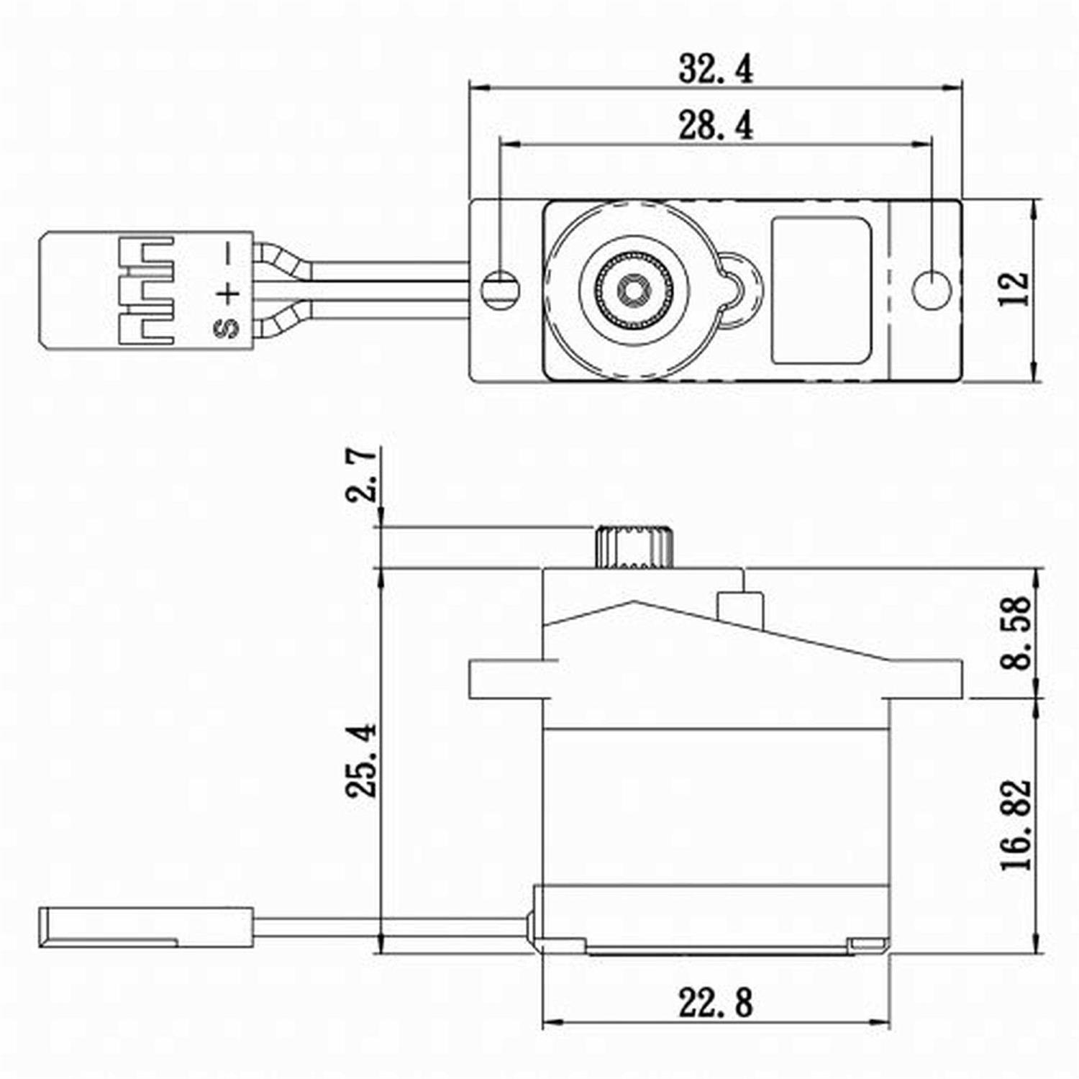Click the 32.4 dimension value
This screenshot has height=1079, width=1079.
pyautogui.click(x=716, y=69)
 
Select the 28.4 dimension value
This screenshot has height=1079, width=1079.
pyautogui.click(x=716, y=126)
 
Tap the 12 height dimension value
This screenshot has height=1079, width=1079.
pyautogui.click(x=1015, y=289)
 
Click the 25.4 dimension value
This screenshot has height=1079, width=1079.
pyautogui.click(x=360, y=760)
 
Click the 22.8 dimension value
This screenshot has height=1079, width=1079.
pyautogui.click(x=716, y=1003)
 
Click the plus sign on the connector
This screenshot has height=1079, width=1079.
pyautogui.click(x=227, y=293)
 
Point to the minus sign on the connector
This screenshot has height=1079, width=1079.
pyautogui.click(x=228, y=253)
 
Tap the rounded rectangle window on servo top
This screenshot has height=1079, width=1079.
pyautogui.click(x=821, y=290)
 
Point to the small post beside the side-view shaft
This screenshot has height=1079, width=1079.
pyautogui.click(x=739, y=606)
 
